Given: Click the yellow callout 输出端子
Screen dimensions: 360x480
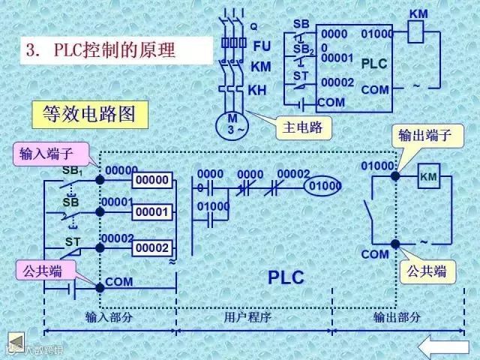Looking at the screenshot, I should (424, 136).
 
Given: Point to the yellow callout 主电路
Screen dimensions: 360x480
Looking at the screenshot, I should (303, 127).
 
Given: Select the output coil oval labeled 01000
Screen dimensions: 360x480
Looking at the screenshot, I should (324, 185).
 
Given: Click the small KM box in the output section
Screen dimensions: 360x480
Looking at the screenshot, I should (428, 177).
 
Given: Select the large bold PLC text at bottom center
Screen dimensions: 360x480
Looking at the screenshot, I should (286, 277).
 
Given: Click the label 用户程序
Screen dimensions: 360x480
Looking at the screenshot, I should (247, 317).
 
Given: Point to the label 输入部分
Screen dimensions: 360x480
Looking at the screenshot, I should (109, 317).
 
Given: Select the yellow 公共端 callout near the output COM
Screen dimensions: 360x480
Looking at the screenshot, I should (428, 271).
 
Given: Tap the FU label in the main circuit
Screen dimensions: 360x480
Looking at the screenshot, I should (262, 46).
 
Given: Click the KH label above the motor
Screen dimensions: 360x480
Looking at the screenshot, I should (256, 91).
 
